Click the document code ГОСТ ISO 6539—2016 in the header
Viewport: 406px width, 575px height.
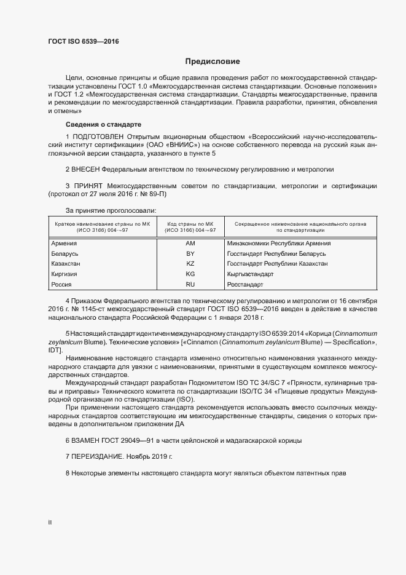[x=84, y=42]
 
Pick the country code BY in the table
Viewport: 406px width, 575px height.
[x=190, y=253]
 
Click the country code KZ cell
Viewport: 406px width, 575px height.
[x=190, y=264]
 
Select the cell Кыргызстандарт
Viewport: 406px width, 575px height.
[x=250, y=274]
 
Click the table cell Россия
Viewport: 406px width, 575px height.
[x=61, y=285]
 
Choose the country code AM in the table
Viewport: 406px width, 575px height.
[x=190, y=244]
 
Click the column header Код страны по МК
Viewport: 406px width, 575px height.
[x=190, y=223]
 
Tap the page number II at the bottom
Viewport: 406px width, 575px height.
[x=50, y=522]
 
